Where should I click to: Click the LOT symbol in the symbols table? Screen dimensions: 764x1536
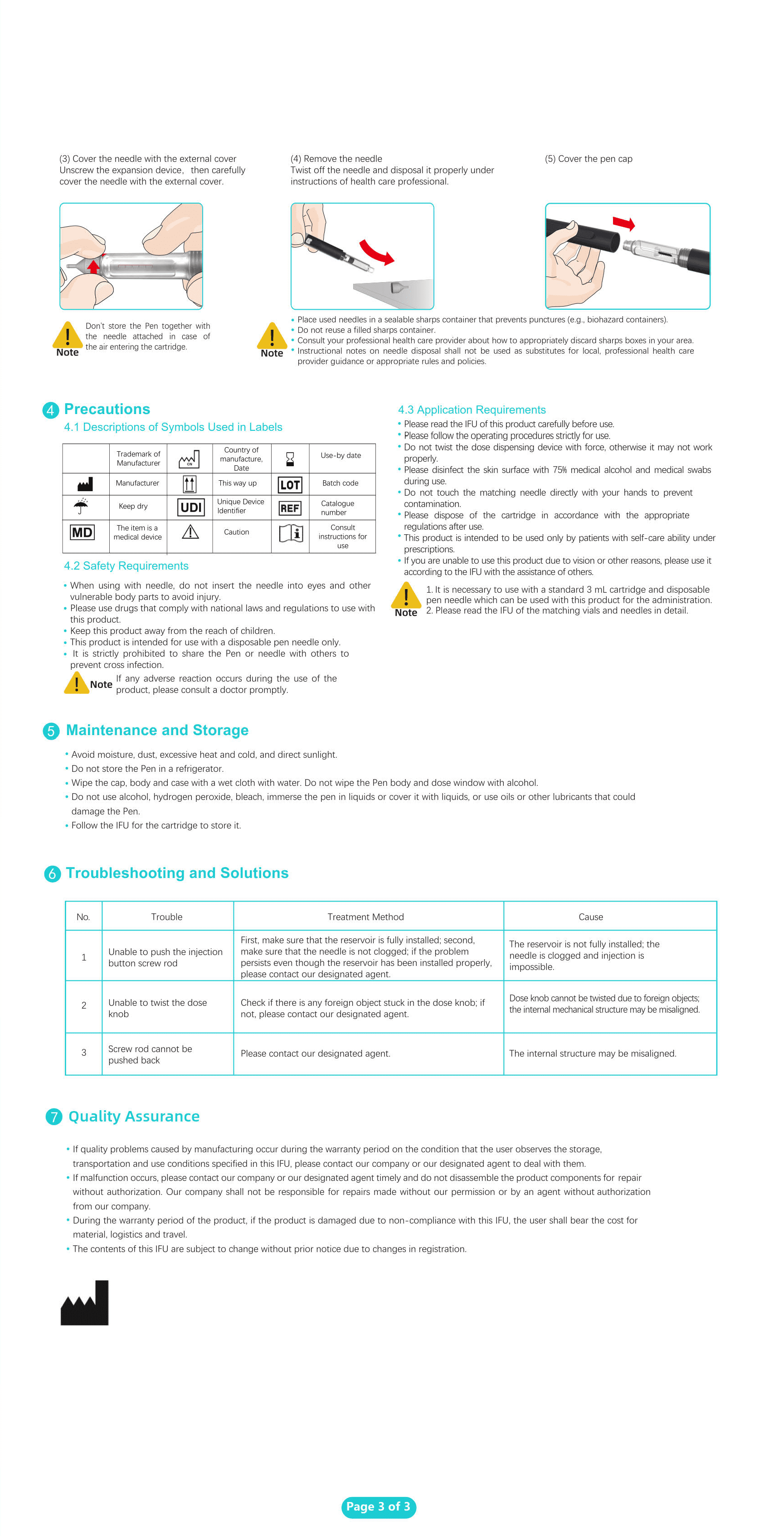[290, 485]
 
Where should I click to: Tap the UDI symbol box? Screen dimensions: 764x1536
[191, 507]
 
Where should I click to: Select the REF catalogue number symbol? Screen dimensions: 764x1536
[290, 508]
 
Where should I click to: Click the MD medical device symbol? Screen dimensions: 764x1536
[82, 532]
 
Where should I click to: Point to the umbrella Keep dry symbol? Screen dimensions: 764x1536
[81, 506]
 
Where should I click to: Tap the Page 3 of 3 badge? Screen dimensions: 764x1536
[379, 1507]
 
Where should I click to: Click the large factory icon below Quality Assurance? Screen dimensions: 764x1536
[85, 1303]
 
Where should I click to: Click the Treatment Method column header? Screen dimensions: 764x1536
[366, 917]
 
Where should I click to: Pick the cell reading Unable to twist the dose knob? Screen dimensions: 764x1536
[158, 1008]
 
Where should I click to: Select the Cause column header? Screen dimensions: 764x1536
[591, 917]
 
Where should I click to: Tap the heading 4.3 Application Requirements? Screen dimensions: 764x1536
[472, 410]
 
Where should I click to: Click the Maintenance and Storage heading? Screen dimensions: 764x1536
[157, 731]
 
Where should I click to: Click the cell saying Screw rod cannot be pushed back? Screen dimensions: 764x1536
[150, 1054]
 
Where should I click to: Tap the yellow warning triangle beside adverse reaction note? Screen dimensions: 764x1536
[76, 683]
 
